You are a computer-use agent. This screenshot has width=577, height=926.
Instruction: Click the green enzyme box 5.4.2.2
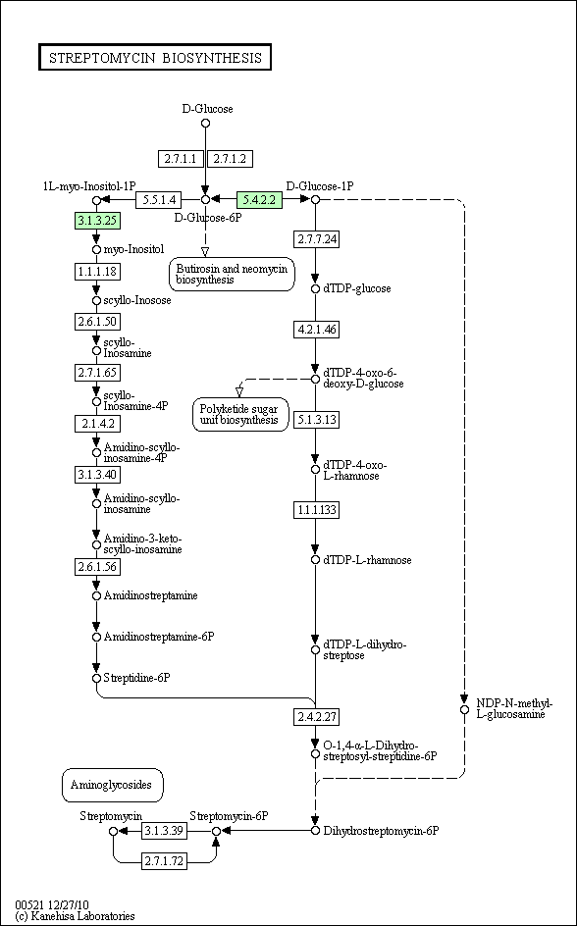pyautogui.click(x=259, y=199)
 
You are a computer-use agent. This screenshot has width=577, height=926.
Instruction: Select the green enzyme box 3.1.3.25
pyautogui.click(x=97, y=221)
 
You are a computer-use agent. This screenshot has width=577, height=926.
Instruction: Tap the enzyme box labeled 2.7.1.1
pyautogui.click(x=181, y=158)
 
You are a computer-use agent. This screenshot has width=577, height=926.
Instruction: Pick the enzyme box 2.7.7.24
pyautogui.click(x=317, y=239)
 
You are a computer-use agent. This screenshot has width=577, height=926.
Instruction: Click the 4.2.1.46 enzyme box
pyautogui.click(x=317, y=330)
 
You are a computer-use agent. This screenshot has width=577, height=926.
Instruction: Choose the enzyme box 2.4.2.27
pyautogui.click(x=317, y=716)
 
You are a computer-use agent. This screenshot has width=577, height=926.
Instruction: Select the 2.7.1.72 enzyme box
pyautogui.click(x=164, y=861)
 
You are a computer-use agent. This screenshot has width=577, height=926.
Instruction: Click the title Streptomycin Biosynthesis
pyautogui.click(x=155, y=57)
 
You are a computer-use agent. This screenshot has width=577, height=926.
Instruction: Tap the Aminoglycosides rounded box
pyautogui.click(x=112, y=785)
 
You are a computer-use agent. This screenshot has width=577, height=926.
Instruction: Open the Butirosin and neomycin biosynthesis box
pyautogui.click(x=232, y=274)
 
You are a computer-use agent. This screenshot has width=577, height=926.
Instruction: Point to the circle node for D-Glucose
pyautogui.click(x=205, y=123)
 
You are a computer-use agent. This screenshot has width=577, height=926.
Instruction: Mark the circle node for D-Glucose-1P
pyautogui.click(x=315, y=199)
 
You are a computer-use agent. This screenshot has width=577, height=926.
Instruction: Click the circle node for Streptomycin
pyautogui.click(x=114, y=831)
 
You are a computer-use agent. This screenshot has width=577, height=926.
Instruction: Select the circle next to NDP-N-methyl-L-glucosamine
pyautogui.click(x=465, y=708)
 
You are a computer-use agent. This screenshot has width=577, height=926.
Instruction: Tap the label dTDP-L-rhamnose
pyautogui.click(x=367, y=560)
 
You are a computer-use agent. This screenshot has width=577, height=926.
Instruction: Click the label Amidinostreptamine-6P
pyautogui.click(x=159, y=638)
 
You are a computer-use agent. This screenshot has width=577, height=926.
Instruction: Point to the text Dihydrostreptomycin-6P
pyautogui.click(x=382, y=831)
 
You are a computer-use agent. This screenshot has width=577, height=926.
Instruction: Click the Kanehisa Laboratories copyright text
pyautogui.click(x=75, y=916)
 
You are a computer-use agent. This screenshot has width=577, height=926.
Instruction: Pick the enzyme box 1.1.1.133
pyautogui.click(x=317, y=510)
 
